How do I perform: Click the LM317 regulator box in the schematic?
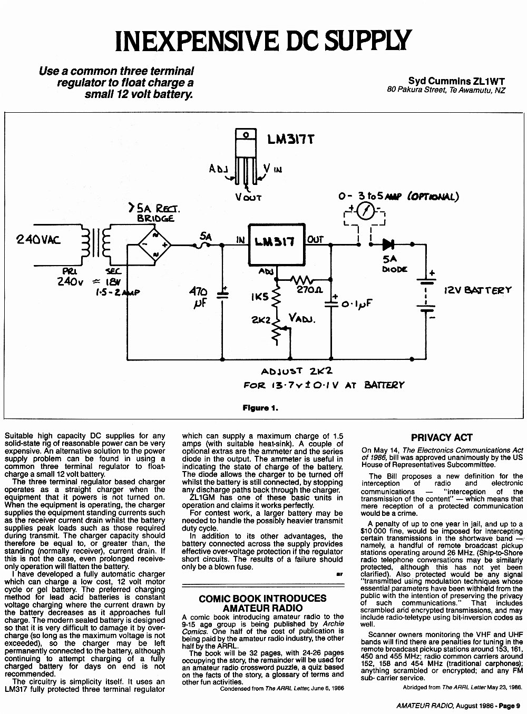(277, 244)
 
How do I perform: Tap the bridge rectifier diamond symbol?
(154, 245)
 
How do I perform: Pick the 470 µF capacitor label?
(198, 298)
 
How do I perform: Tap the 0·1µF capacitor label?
(356, 304)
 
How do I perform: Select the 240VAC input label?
(38, 240)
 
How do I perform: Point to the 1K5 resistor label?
(259, 297)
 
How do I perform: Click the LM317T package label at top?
(290, 140)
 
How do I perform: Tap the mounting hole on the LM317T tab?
(246, 134)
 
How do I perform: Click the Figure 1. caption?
(260, 408)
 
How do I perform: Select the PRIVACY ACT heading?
(442, 438)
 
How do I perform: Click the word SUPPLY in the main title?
(368, 41)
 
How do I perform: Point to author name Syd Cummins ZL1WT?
(456, 81)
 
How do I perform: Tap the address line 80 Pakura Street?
(446, 90)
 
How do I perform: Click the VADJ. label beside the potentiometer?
(301, 319)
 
